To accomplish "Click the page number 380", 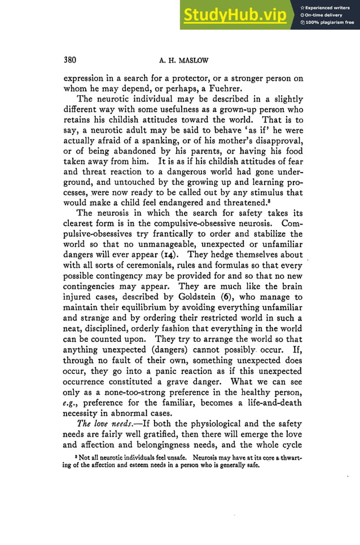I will pos(69,60).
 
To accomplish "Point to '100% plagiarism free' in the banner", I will pos(330,23).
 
